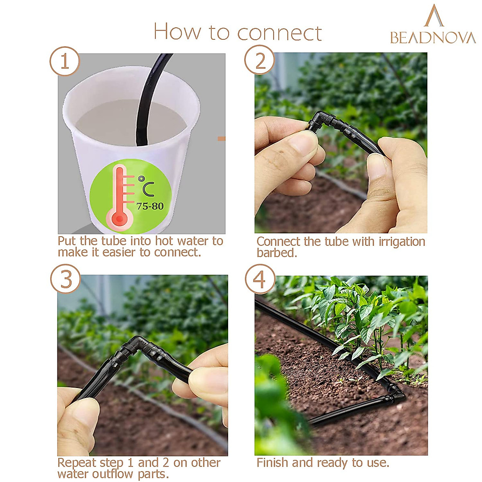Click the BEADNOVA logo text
click(433, 38)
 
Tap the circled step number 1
click(65, 61)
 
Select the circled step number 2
click(259, 61)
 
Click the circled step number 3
click(65, 279)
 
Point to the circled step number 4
click(260, 279)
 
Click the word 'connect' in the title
click(280, 33)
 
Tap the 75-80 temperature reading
click(150, 206)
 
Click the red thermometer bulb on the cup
click(119, 219)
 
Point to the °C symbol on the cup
click(146, 186)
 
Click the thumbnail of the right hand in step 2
click(378, 165)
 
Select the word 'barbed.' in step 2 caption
click(277, 253)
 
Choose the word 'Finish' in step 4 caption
click(273, 463)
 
